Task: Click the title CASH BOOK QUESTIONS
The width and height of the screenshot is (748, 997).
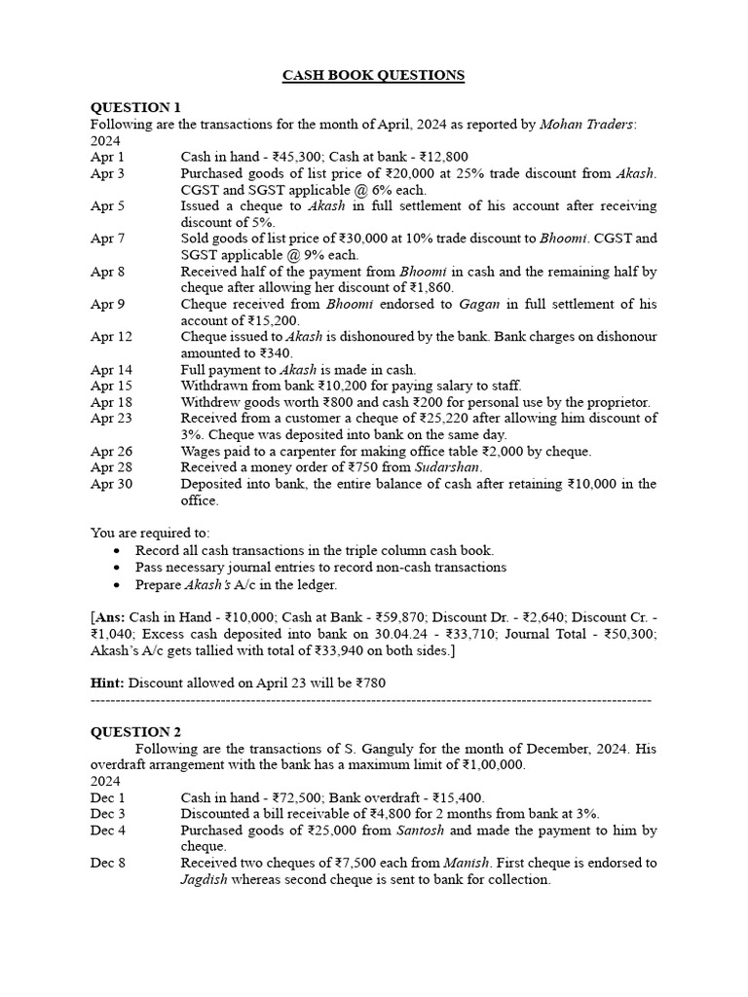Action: pos(373,76)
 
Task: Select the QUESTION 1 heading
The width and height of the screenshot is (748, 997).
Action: pos(135,107)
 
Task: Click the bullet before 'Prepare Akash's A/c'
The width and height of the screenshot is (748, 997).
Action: pos(118,585)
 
